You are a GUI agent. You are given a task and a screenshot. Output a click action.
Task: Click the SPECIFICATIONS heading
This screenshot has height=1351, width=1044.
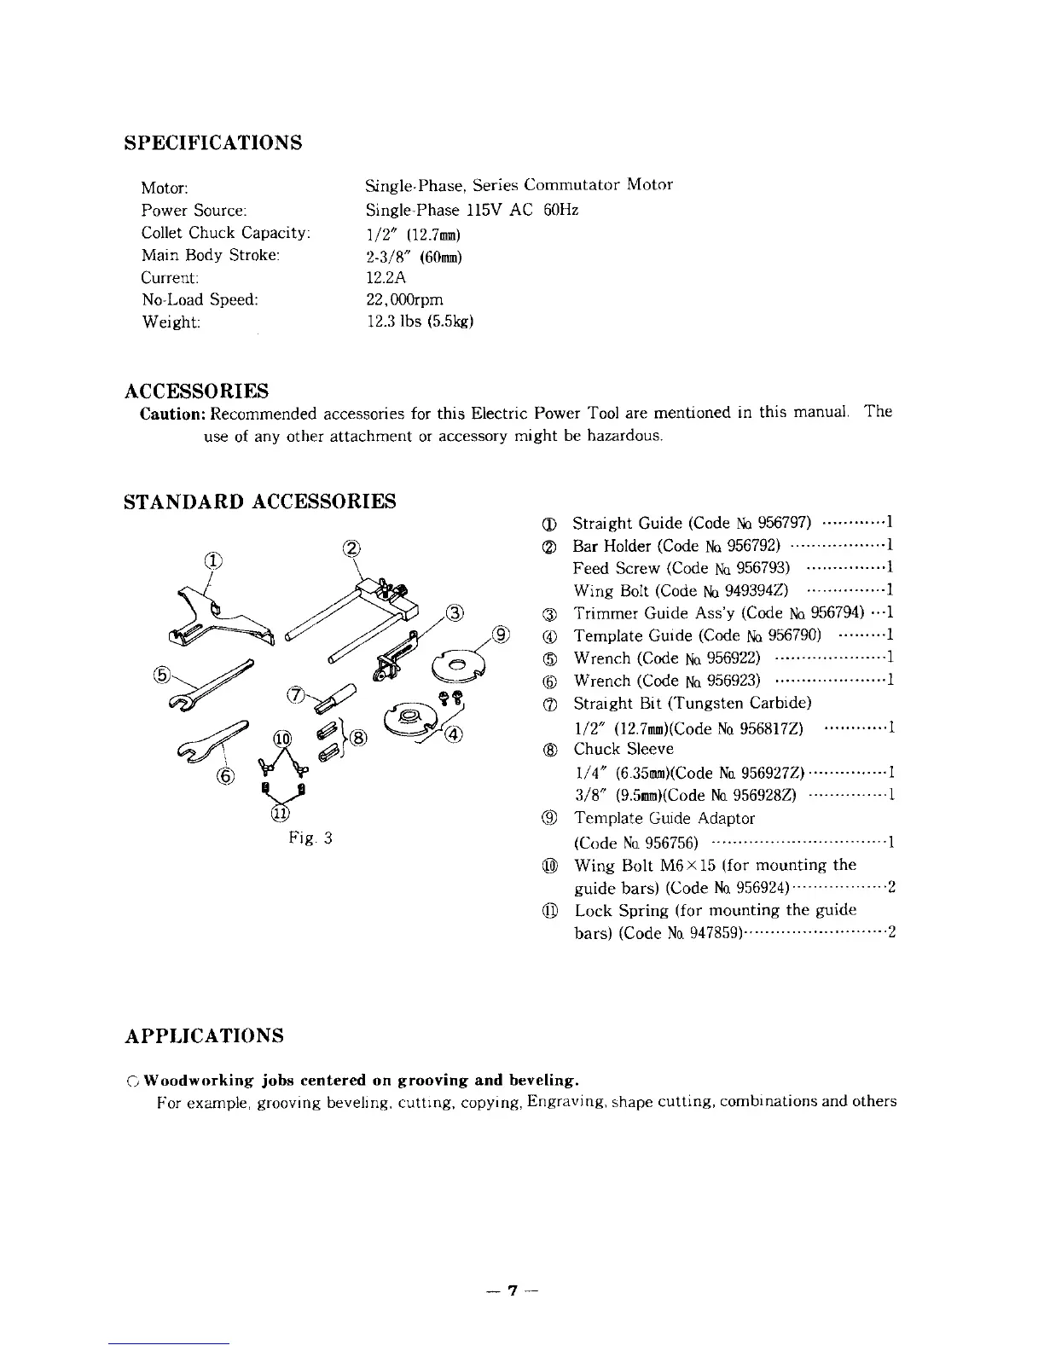(212, 142)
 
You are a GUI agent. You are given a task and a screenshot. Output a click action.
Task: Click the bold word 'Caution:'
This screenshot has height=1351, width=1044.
(173, 414)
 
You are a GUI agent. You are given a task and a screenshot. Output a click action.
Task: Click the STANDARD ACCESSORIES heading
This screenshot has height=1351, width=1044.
(259, 501)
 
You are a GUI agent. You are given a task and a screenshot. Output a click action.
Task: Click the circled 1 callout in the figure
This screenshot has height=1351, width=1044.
(212, 560)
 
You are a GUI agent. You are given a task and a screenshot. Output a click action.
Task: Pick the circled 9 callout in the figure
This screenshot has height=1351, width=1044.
(502, 634)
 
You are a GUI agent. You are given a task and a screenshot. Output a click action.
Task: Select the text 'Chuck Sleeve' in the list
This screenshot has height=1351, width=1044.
(623, 749)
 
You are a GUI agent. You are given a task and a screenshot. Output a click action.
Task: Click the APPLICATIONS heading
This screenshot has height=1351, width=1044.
(204, 1035)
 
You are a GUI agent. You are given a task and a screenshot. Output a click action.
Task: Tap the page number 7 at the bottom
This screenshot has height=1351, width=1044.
(513, 1290)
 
